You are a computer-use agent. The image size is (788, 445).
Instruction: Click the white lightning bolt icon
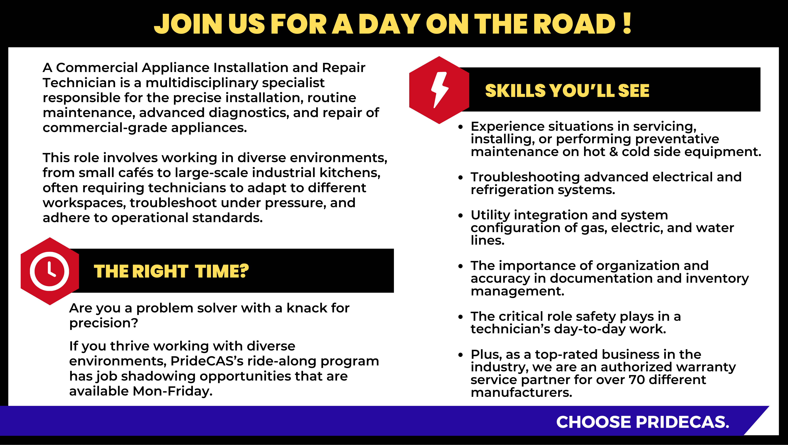pyautogui.click(x=439, y=90)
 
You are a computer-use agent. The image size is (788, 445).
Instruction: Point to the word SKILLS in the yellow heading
pyautogui.click(x=515, y=91)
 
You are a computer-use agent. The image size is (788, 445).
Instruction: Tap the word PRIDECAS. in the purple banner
pyautogui.click(x=682, y=422)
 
